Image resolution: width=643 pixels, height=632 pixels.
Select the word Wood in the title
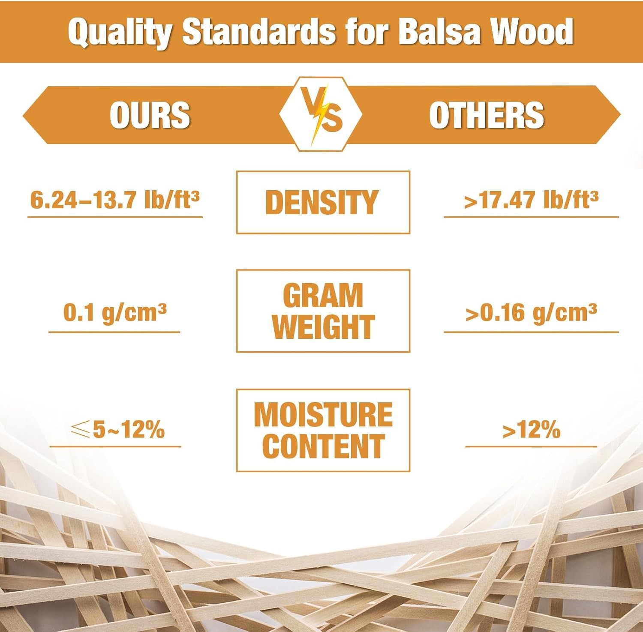pos(532,32)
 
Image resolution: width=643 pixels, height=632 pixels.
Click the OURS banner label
pos(150,115)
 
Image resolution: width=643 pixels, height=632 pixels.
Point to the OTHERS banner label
pos(487,115)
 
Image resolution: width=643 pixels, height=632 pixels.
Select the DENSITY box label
pos(322,202)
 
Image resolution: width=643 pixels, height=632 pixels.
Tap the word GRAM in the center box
pos(323,295)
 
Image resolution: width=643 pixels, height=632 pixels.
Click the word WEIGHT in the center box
pos(323,327)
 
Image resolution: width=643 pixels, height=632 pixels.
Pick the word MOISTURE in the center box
pos(323,414)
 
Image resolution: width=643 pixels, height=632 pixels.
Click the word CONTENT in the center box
pos(323,446)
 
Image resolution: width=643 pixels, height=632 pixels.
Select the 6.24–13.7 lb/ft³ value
pos(115,200)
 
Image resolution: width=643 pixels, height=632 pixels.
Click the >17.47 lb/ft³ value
pos(531,200)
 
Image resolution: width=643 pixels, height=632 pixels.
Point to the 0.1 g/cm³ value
pos(115,312)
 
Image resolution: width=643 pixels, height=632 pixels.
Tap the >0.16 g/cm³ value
pos(531,312)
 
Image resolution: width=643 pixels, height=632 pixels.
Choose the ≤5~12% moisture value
pos(117,429)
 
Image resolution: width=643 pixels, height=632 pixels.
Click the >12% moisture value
pos(531,429)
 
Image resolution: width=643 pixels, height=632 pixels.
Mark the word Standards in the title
pos(259,32)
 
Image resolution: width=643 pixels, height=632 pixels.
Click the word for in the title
pos(371,32)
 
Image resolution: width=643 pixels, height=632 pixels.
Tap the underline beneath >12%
pos(531,446)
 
